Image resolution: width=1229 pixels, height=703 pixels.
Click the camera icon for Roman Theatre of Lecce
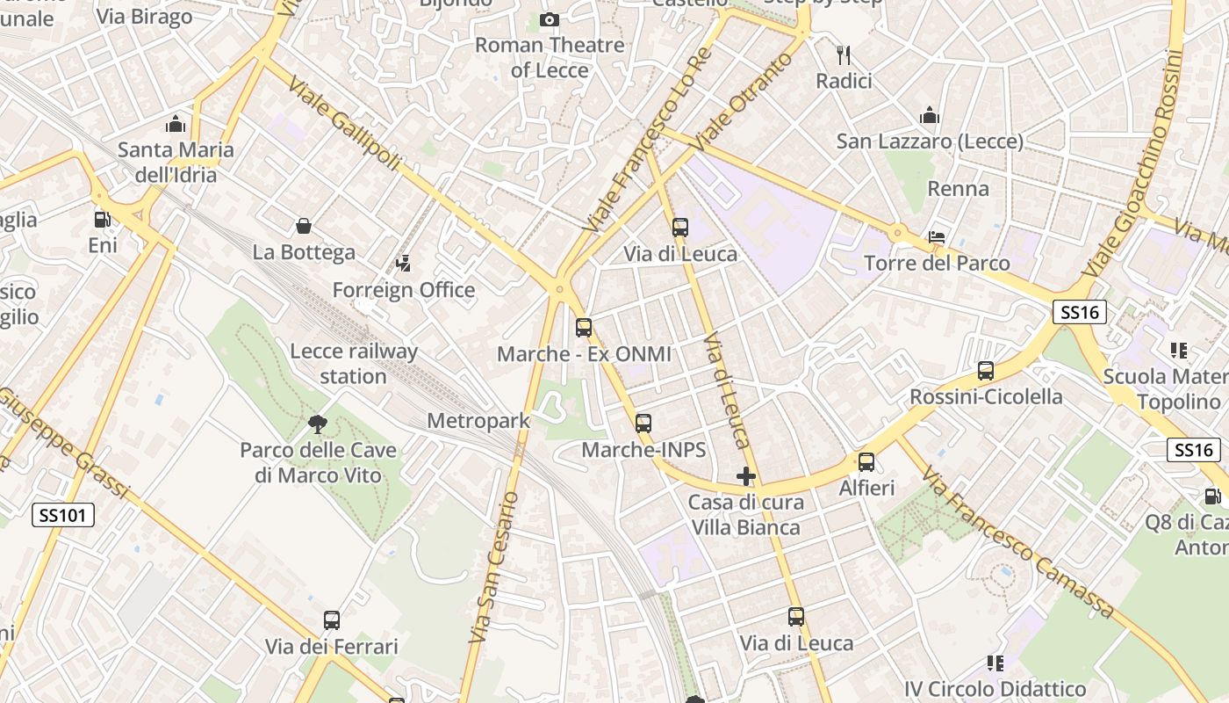[550, 19]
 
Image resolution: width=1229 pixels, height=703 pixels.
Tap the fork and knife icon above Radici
[844, 55]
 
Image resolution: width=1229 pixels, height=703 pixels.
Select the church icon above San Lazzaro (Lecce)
[930, 115]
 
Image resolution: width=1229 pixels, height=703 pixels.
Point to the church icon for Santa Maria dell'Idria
[176, 123]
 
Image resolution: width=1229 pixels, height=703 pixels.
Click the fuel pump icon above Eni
[102, 220]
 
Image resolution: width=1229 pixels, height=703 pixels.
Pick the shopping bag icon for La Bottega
[304, 227]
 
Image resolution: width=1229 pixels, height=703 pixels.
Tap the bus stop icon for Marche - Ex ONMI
[584, 328]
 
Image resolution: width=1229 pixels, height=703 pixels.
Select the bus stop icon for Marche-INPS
[643, 424]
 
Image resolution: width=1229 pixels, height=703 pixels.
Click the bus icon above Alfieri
[866, 462]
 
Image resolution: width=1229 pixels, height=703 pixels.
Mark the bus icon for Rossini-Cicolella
[986, 371]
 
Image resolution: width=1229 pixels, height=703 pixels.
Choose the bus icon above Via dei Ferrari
[332, 620]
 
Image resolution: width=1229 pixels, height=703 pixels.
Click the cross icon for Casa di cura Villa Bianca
[746, 477]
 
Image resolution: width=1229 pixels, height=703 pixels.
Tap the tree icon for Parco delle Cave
[318, 425]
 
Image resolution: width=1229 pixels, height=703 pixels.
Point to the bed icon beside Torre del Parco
[937, 237]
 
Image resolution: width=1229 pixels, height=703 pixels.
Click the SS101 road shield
[63, 515]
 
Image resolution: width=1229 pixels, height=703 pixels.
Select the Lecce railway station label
[353, 364]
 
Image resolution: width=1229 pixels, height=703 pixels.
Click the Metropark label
[478, 421]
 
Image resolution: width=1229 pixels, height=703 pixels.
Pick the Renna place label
[958, 188]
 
